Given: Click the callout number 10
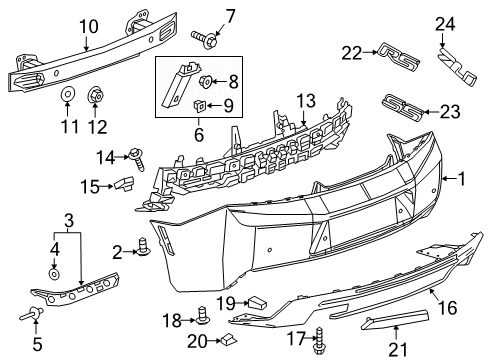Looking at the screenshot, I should click(88, 27).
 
